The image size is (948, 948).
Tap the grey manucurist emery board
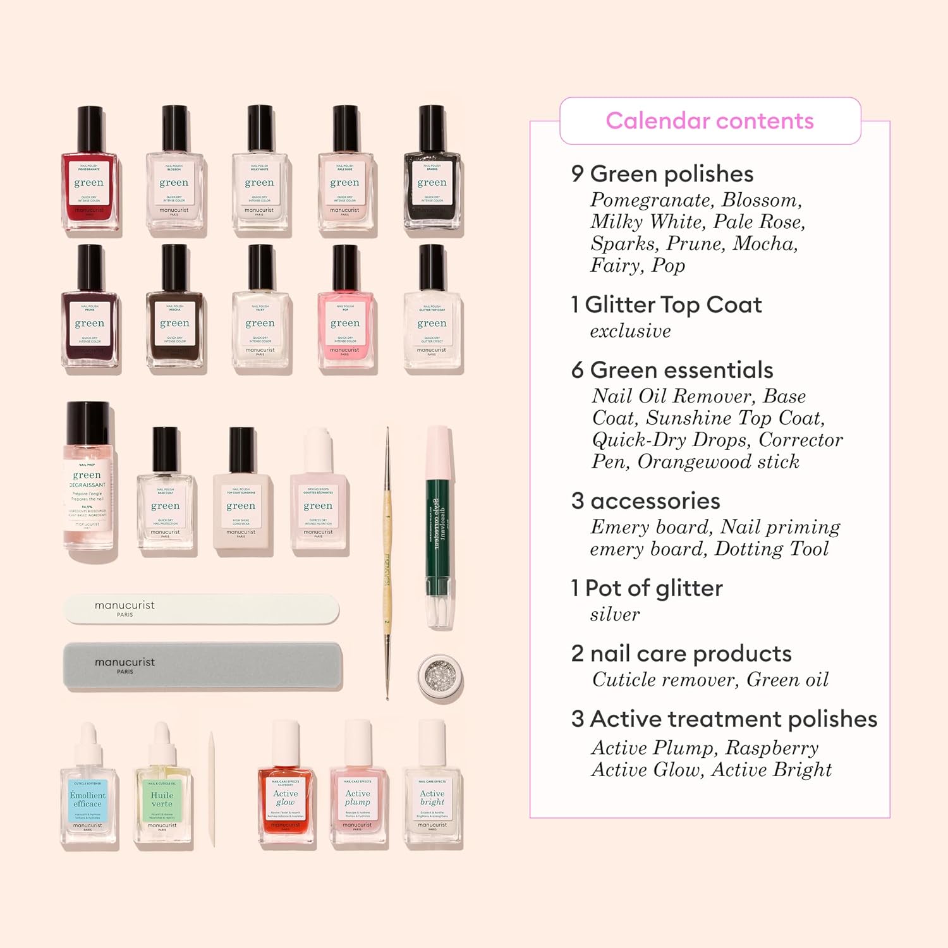(202, 666)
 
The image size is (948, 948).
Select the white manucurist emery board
(201, 609)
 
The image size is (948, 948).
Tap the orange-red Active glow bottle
(286, 799)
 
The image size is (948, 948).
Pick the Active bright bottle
(432, 799)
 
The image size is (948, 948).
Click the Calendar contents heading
(710, 121)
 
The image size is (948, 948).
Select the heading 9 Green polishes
(662, 174)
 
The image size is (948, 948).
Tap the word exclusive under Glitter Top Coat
(630, 331)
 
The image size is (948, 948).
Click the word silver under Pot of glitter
(614, 614)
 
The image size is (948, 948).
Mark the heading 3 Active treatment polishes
(724, 719)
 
